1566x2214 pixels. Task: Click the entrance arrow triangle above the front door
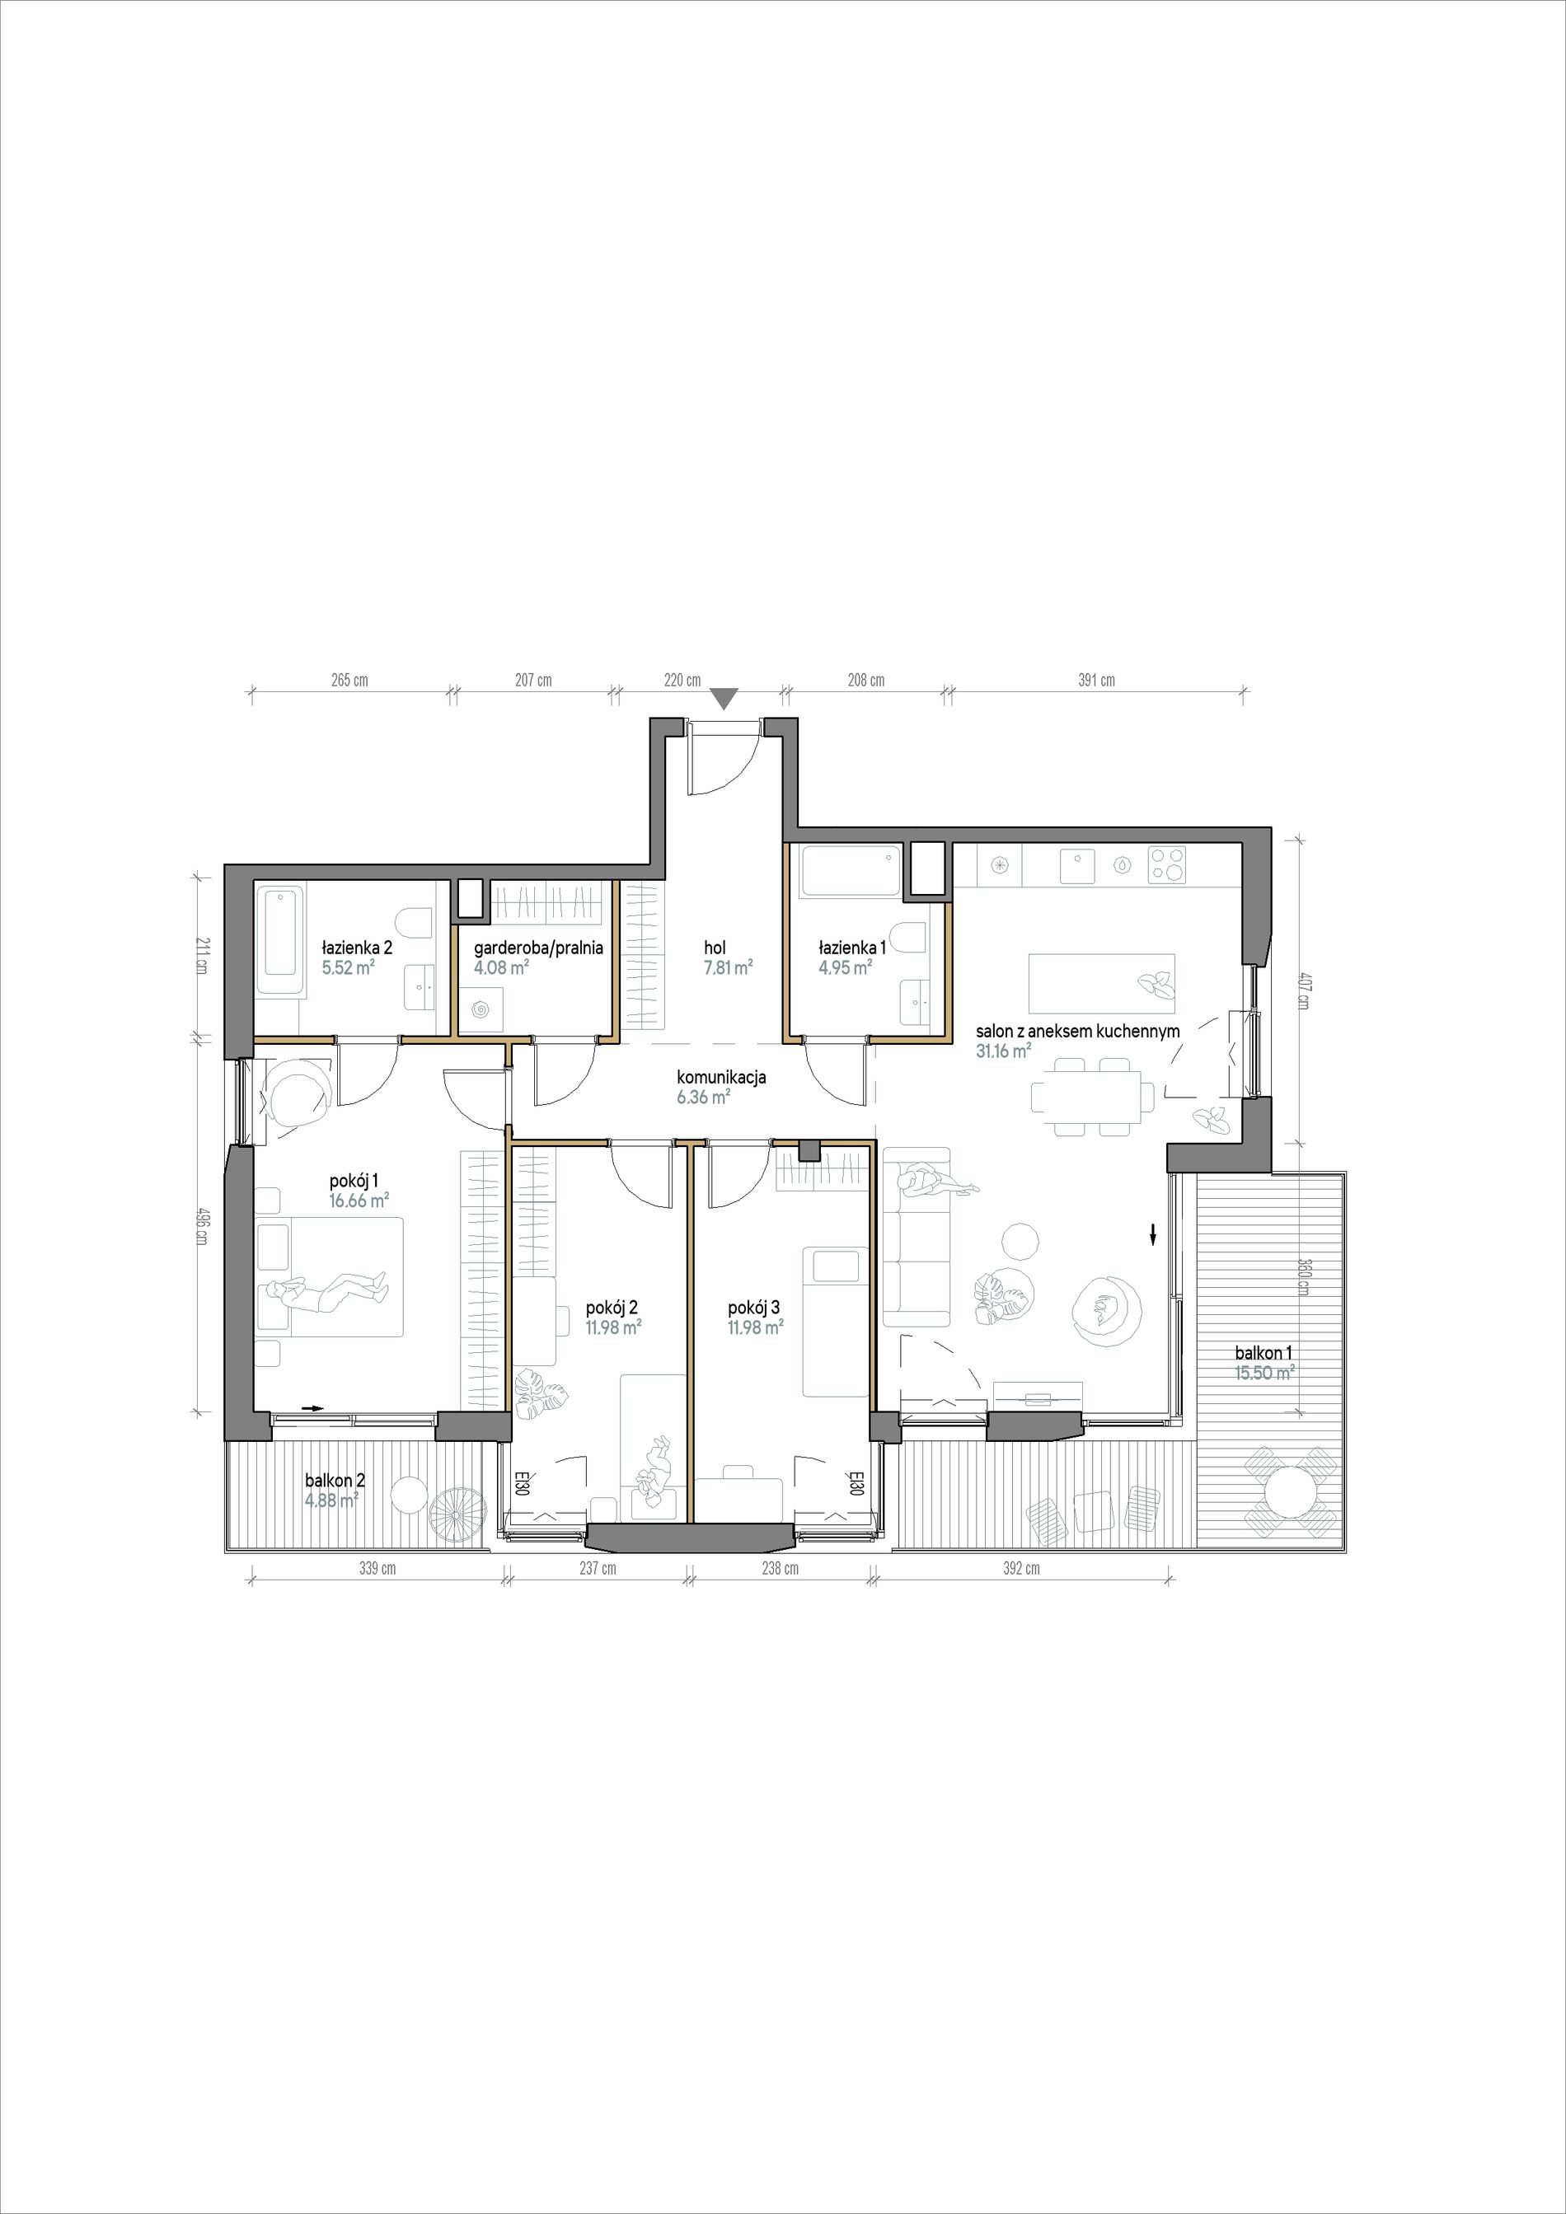(x=726, y=698)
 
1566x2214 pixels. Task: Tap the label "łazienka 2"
(x=357, y=948)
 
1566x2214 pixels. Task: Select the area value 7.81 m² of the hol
(x=728, y=967)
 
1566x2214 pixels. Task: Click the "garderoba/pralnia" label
(x=538, y=948)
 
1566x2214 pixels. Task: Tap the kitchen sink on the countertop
(x=1078, y=865)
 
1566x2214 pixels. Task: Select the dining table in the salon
(x=1093, y=1098)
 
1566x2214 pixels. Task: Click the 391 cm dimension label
(x=1096, y=681)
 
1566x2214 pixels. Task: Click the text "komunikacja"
(x=721, y=1078)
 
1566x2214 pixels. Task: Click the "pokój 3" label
(x=755, y=1308)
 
